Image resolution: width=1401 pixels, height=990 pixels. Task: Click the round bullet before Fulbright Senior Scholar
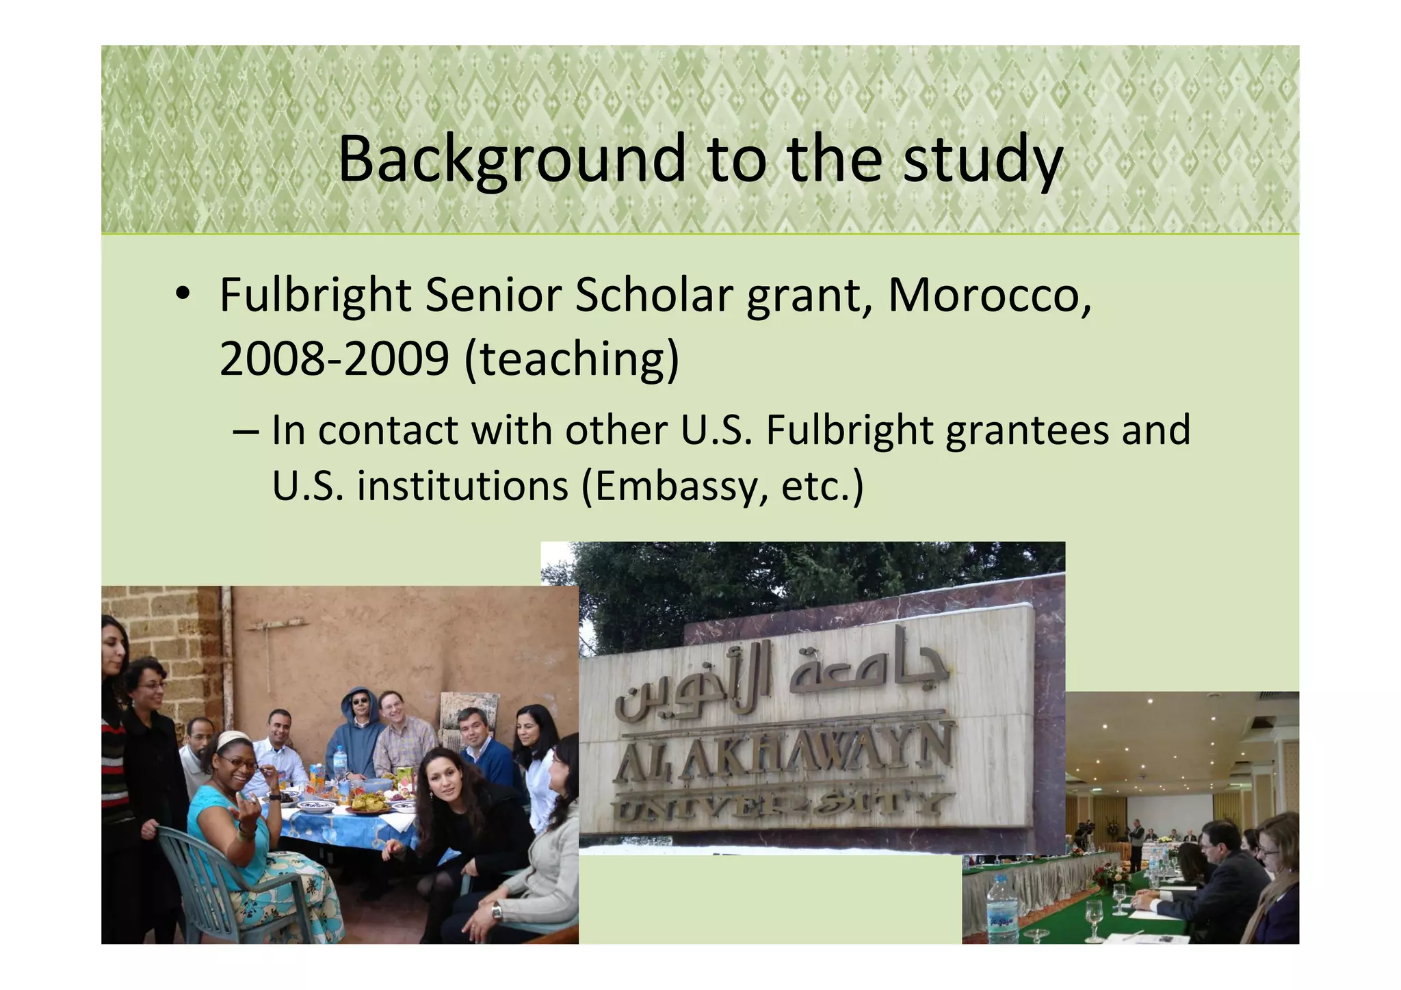(x=181, y=294)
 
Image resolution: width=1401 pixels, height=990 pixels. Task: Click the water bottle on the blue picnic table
(x=339, y=762)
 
